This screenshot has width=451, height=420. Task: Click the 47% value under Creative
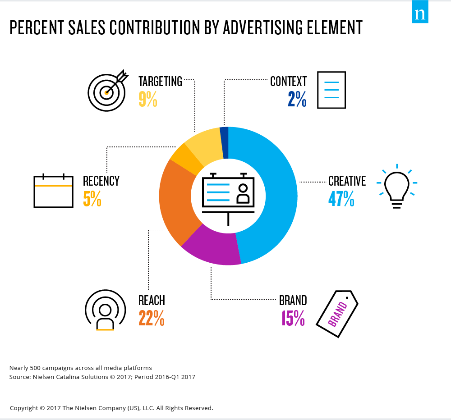[x=341, y=198]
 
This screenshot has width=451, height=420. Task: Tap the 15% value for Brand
[x=293, y=318]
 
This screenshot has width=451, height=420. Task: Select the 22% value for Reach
[x=151, y=318]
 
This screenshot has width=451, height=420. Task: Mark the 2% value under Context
[x=297, y=99]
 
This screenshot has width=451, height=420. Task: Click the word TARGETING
[x=160, y=82]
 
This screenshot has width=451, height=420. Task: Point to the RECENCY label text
[x=101, y=181]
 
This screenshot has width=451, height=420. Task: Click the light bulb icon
[x=396, y=187]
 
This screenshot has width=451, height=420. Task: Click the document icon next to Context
[x=331, y=90]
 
